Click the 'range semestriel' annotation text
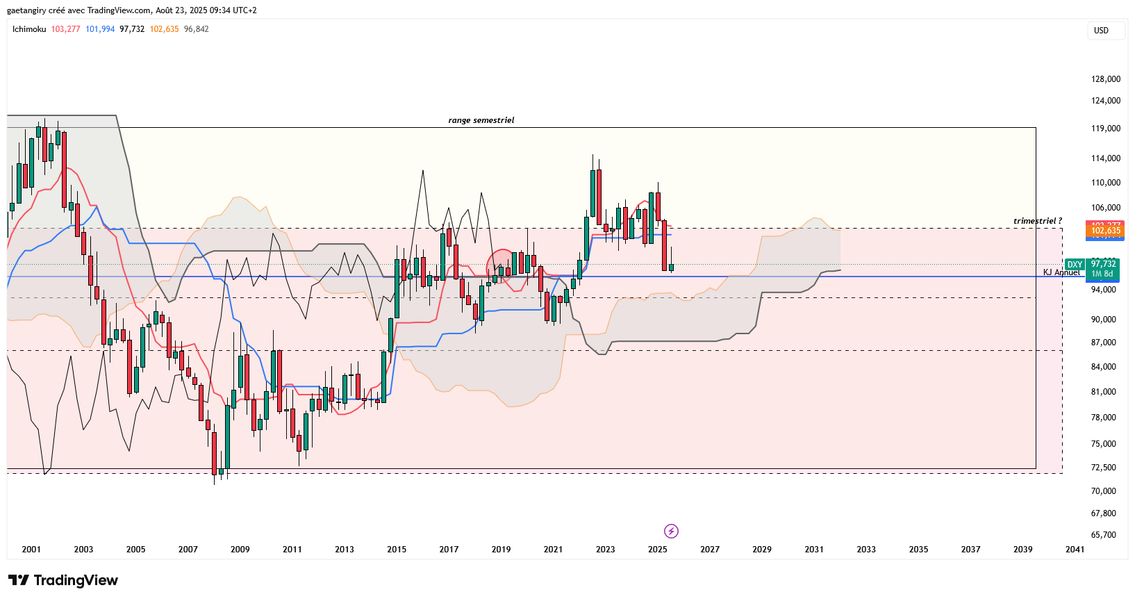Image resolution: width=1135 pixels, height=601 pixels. pos(481,120)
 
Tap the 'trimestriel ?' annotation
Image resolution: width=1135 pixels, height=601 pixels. pos(1037,221)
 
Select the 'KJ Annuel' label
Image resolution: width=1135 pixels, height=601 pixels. pos(1061,272)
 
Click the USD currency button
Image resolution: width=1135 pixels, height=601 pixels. pos(1101,30)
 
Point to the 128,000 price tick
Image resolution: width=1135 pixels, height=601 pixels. pos(1105,79)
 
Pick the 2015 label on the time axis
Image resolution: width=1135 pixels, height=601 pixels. pos(397,550)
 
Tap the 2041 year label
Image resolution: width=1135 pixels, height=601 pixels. pos(1075,550)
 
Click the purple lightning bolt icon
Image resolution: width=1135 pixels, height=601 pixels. pos(671,532)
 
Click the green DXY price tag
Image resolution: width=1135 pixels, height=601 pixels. pos(1075,265)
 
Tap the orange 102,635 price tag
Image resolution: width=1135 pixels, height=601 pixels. pos(1105,231)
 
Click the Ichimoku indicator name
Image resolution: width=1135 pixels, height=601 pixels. pos(29,29)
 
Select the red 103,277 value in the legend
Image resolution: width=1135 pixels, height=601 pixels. pos(65,29)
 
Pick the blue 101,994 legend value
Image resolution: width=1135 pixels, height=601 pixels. pos(100,29)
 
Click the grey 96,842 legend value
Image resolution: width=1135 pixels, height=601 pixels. pos(196,29)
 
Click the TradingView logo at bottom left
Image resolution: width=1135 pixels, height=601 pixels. pos(63,580)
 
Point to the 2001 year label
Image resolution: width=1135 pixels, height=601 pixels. pos(31,550)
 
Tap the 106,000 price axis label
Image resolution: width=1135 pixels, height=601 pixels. pos(1105,208)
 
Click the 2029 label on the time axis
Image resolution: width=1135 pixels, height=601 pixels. pos(762,550)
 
